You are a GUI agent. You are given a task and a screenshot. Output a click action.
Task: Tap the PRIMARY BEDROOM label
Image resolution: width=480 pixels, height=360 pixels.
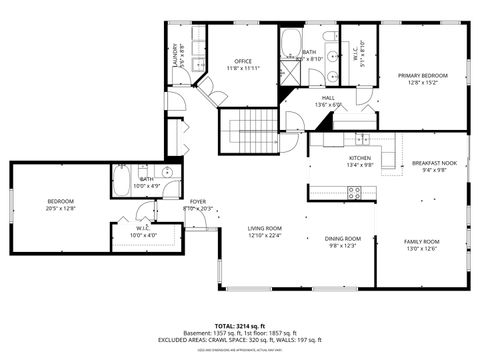421,75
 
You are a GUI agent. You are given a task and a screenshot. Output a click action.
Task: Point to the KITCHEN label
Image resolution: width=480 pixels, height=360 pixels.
360,158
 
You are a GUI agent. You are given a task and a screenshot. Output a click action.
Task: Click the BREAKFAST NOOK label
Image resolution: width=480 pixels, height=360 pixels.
434,163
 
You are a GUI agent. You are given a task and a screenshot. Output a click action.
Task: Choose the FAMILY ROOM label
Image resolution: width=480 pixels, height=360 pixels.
421,242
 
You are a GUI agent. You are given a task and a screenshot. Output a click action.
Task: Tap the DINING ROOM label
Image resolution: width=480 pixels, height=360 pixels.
342,238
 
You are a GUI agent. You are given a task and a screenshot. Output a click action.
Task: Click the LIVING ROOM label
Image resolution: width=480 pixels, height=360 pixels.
265,228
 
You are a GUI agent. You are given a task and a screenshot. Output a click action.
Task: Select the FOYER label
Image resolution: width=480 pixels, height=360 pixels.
198,201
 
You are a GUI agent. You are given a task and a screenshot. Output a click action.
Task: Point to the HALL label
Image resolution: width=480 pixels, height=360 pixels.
328,97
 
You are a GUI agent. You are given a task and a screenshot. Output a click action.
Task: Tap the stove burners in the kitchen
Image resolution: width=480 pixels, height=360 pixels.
354,193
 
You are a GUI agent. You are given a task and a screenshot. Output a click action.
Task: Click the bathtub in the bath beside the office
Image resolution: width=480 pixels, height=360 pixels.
292,43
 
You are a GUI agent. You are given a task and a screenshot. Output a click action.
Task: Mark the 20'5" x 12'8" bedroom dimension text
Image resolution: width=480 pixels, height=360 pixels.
61,208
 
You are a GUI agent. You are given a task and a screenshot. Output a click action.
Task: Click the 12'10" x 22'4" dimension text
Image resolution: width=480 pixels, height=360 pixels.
265,236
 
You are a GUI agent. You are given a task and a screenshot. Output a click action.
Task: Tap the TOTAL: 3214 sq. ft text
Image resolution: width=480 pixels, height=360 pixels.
240,326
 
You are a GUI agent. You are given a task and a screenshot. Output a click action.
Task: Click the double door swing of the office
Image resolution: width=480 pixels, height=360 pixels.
212,92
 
